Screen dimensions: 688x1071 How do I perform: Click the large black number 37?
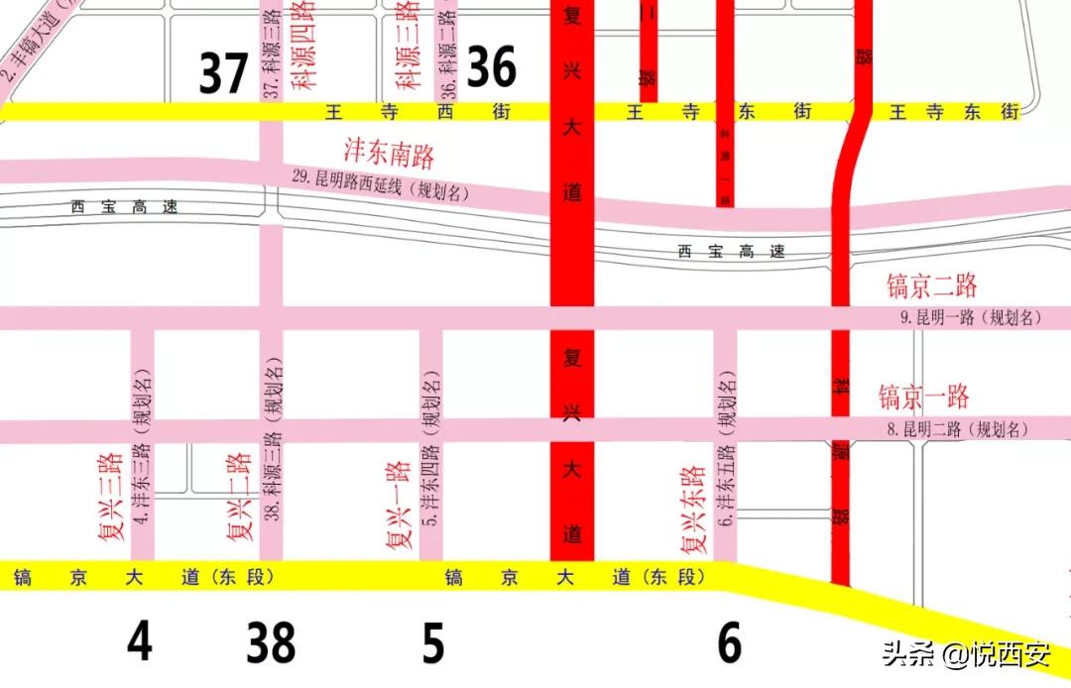pos(223,73)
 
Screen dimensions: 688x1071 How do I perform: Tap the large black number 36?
pos(492,67)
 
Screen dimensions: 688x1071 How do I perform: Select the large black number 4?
pos(140,642)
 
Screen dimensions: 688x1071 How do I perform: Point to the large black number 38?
pos(271,642)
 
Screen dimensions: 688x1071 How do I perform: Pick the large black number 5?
pos(432,642)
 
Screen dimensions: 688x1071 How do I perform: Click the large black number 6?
pos(729,642)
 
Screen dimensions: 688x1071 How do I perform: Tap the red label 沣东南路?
pos(389,153)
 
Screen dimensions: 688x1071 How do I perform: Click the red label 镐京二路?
pos(931,287)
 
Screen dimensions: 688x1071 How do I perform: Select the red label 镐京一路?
pos(923,398)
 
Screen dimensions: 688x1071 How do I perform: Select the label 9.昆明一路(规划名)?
pos(971,318)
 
